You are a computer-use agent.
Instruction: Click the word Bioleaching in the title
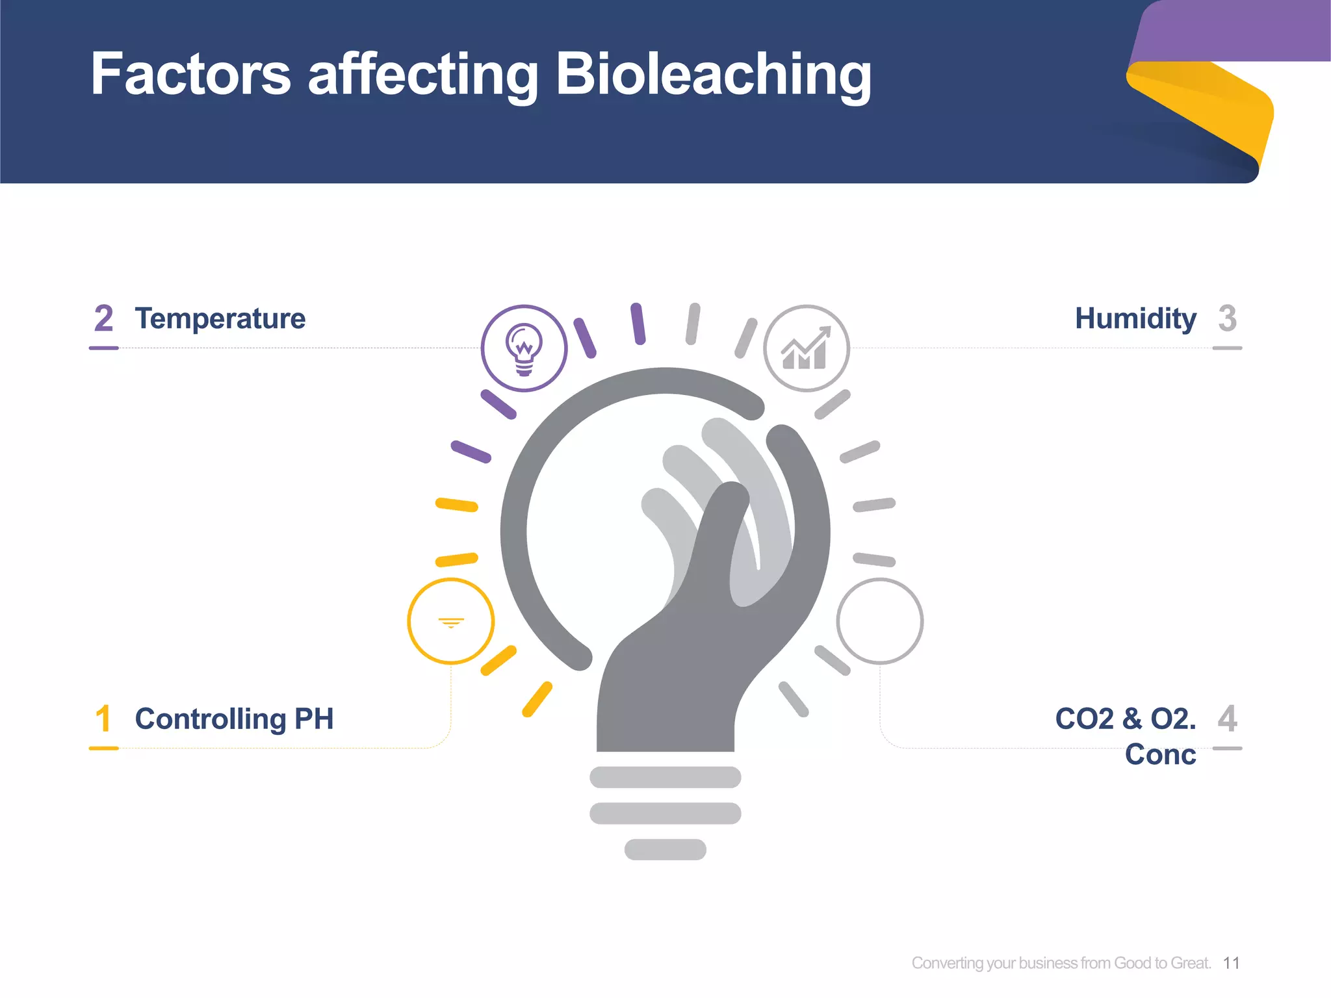coord(713,75)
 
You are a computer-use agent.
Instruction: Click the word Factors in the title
coord(190,75)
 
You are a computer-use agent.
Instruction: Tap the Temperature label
coord(220,318)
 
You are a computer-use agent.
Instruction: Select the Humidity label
coord(1135,318)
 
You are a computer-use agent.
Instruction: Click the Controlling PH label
coord(234,719)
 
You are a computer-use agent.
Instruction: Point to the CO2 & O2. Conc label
coord(1126,736)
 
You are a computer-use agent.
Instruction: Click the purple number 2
coord(103,318)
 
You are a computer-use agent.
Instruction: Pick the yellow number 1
coord(103,719)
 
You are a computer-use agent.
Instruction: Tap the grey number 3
coord(1227,318)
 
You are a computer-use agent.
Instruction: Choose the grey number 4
coord(1227,719)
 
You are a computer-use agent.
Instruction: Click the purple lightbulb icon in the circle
coord(524,348)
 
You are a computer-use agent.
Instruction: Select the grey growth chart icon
coord(806,348)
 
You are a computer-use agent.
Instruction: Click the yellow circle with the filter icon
coord(450,621)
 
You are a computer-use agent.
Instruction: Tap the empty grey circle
coord(879,621)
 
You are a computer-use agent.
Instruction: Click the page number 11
coord(1231,963)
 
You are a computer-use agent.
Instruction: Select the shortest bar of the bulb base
coord(665,849)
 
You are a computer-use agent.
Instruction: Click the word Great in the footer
coord(1191,963)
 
